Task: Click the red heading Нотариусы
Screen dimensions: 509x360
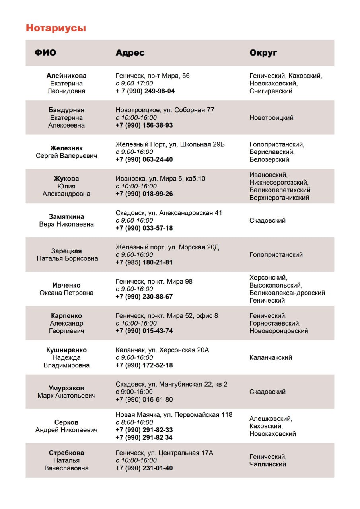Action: tap(56, 28)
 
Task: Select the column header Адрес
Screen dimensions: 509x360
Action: tap(130, 53)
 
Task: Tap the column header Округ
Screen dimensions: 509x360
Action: tap(263, 53)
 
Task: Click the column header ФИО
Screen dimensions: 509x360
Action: tap(45, 53)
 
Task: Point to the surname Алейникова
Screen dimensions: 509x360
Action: tap(66, 76)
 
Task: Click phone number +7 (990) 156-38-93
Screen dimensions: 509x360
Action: tap(144, 125)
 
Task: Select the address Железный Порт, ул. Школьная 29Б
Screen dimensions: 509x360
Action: tap(170, 144)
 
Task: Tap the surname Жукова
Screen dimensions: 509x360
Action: tap(66, 179)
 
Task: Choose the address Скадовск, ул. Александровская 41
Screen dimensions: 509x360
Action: tap(169, 213)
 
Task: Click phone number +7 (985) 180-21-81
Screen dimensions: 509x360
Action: tap(144, 262)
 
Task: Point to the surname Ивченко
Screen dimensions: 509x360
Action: tap(66, 285)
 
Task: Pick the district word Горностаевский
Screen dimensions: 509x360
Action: tap(274, 323)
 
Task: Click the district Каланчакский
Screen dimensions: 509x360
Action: tap(270, 357)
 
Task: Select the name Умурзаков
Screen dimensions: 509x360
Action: tap(66, 388)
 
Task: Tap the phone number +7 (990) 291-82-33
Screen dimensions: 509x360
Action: tap(144, 430)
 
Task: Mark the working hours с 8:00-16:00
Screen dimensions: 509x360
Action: tap(134, 422)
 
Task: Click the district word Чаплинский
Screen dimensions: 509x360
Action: tap(268, 464)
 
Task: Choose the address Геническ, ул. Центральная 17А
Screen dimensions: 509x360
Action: tap(164, 453)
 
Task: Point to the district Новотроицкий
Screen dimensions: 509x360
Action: tap(271, 118)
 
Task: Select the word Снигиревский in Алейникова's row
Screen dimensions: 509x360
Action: tap(270, 91)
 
